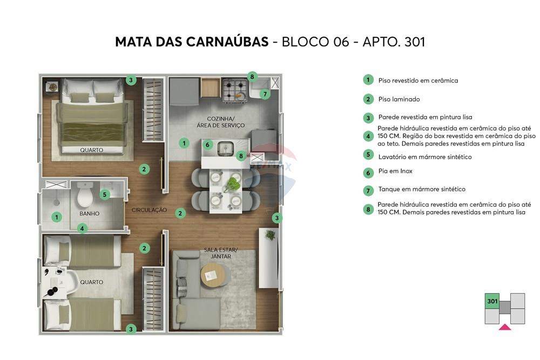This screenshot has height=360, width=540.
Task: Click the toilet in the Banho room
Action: click(x=85, y=196)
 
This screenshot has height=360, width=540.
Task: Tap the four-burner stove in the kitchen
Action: click(x=235, y=91)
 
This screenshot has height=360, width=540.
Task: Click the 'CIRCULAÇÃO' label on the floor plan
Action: click(x=149, y=210)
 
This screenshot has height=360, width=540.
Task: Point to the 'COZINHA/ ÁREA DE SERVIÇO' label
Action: click(x=226, y=122)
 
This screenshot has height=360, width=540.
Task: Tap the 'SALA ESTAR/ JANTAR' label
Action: click(x=221, y=253)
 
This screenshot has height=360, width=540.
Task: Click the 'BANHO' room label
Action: click(x=89, y=214)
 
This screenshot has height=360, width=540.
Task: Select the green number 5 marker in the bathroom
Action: click(x=105, y=194)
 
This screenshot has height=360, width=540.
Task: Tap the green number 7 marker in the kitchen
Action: click(x=264, y=94)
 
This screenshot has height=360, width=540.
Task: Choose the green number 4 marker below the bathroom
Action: click(x=82, y=228)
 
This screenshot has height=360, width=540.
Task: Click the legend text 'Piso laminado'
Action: click(x=399, y=99)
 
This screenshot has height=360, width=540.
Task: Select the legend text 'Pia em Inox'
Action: click(x=395, y=171)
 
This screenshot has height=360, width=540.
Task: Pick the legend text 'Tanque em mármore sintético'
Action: click(x=421, y=189)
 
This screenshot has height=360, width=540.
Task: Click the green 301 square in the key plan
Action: click(x=491, y=301)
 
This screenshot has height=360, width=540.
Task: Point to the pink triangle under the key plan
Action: click(x=504, y=327)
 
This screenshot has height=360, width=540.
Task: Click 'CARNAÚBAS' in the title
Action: click(x=227, y=42)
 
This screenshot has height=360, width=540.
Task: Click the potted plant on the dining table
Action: click(x=233, y=184)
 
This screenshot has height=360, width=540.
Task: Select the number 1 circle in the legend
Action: click(x=368, y=80)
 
